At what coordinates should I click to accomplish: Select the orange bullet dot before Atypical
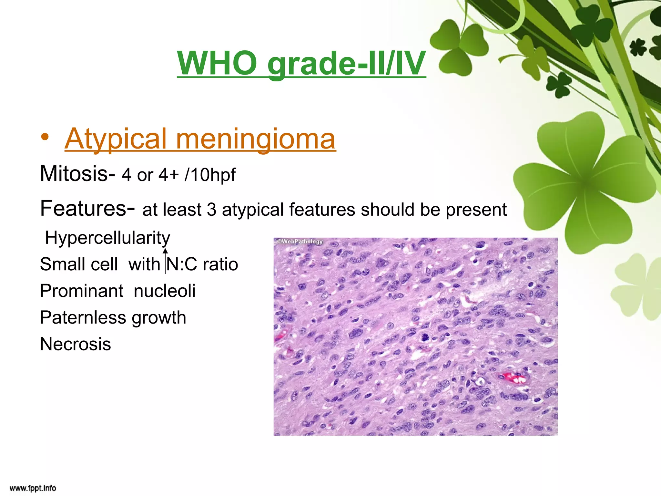[x=45, y=137]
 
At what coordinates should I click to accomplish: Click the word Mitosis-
[x=77, y=174]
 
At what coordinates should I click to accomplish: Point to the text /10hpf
[x=210, y=175]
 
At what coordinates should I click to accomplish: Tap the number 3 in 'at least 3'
[x=211, y=210]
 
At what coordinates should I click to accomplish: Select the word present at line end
[x=476, y=210]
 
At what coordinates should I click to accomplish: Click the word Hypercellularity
[x=107, y=238]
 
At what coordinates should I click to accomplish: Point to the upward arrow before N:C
[x=165, y=260]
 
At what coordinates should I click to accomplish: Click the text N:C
[x=182, y=264]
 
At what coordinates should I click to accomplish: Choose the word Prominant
[x=82, y=291]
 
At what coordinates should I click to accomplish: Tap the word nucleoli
[x=165, y=291]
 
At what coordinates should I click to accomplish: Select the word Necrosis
[x=76, y=344]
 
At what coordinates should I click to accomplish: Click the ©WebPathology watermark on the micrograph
[x=300, y=242]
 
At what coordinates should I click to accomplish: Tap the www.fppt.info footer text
[x=33, y=488]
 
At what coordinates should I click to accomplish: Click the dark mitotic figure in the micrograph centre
[x=425, y=338]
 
